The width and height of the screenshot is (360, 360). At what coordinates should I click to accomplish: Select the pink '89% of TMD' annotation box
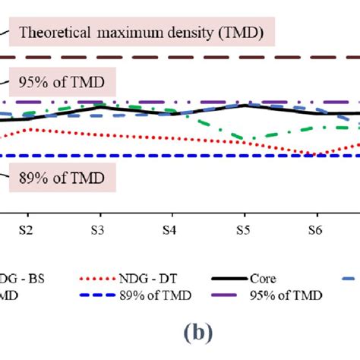61,180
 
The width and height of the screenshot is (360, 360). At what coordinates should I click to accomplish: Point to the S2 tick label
25,229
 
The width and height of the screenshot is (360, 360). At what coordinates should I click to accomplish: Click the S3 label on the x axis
97,229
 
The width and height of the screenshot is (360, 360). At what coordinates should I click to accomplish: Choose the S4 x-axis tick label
170,229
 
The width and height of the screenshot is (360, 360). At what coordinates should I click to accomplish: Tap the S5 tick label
242,229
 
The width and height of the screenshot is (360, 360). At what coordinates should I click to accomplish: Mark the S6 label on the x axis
315,229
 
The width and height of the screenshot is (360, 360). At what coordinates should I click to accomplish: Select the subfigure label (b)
180,332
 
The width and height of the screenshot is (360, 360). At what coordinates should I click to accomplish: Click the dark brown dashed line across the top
190,57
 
